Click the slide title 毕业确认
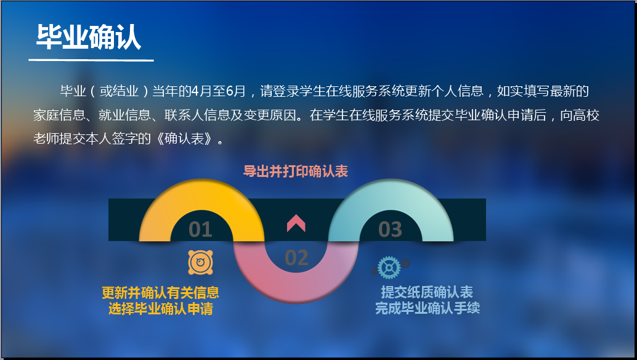click(x=89, y=37)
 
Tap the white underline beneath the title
click(x=91, y=60)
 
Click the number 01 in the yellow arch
click(x=200, y=229)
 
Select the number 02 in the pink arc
click(x=296, y=258)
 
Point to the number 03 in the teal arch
click(x=390, y=229)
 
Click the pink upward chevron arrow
click(x=296, y=223)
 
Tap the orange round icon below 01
click(x=200, y=262)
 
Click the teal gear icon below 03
click(x=389, y=268)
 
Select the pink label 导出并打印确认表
click(x=295, y=171)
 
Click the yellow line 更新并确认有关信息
click(x=160, y=293)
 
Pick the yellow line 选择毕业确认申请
click(x=160, y=309)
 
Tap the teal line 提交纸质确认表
click(x=427, y=292)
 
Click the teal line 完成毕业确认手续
click(x=428, y=308)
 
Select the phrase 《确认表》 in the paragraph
click(x=184, y=139)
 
